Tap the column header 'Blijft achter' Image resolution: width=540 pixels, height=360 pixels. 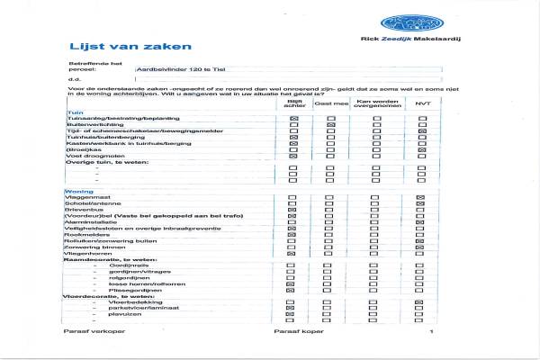292,103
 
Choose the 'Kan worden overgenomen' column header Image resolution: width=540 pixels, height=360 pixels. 373,103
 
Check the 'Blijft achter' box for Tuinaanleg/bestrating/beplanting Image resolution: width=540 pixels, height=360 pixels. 292,118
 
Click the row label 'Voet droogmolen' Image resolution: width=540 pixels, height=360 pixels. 90,156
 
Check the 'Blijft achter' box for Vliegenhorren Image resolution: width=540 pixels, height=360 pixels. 292,254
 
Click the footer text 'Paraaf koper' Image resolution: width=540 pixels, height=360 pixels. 293,331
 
